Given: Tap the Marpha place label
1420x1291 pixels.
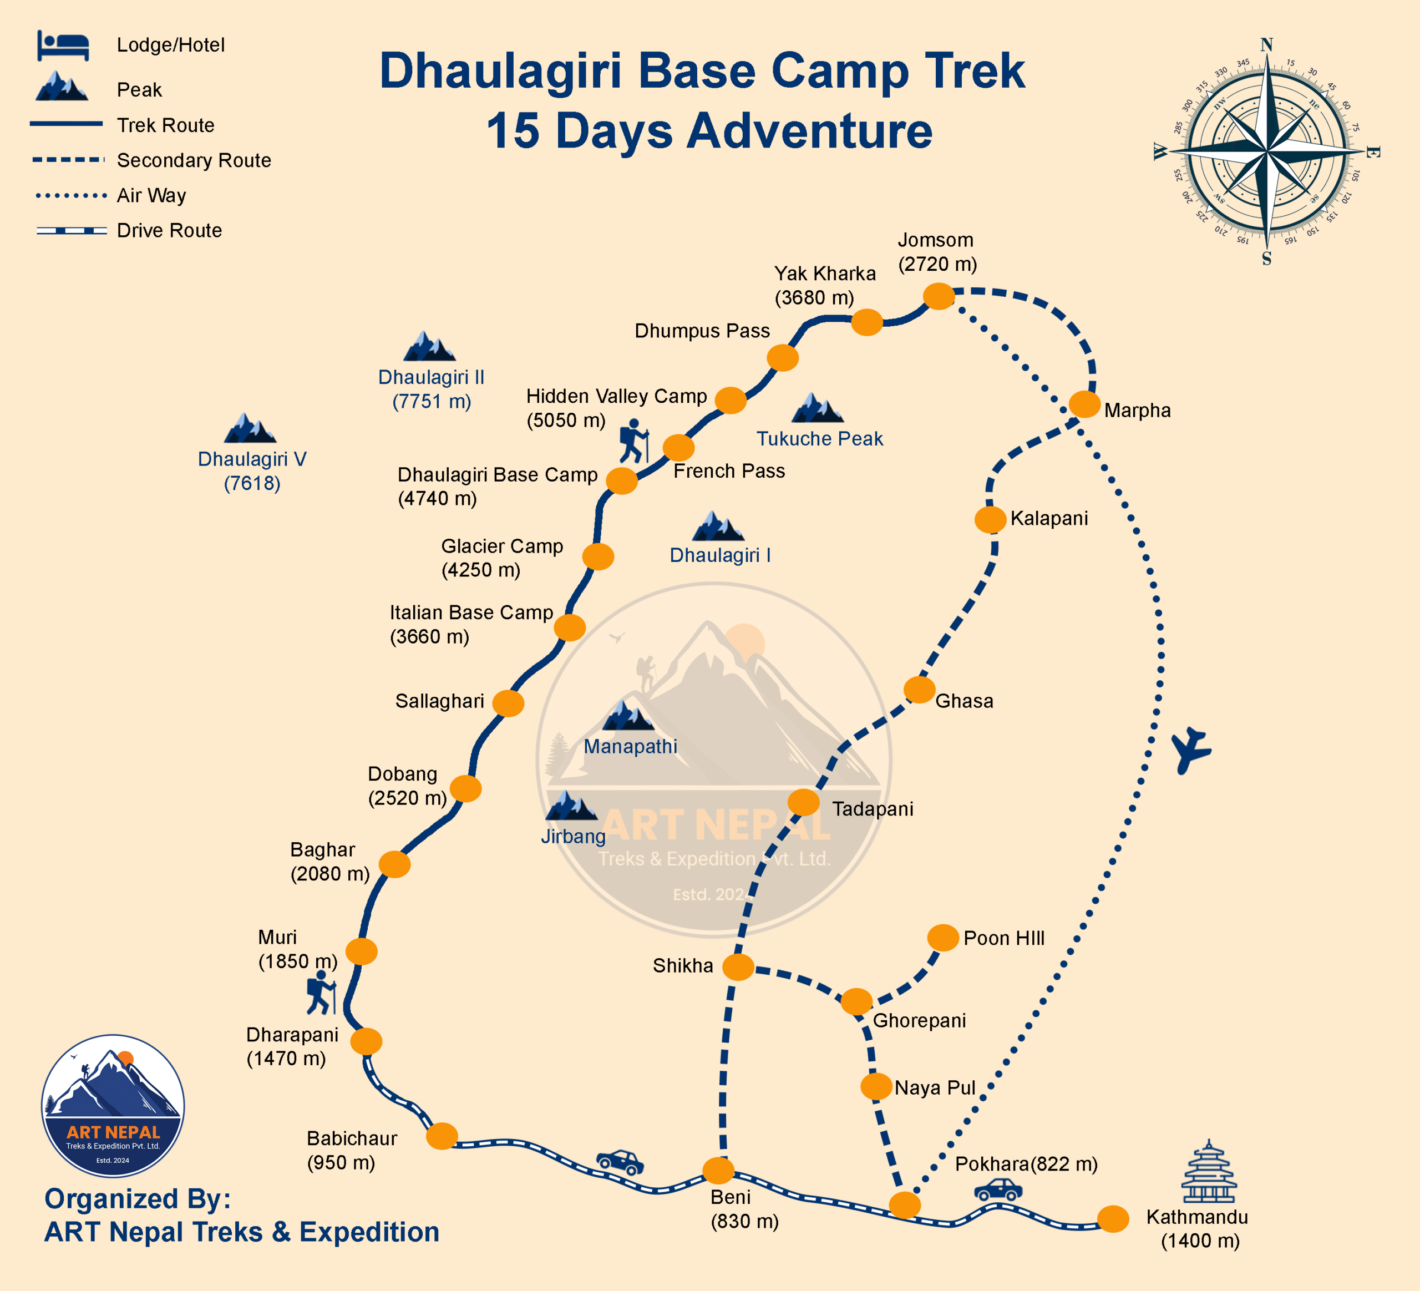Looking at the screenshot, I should [x=1137, y=411].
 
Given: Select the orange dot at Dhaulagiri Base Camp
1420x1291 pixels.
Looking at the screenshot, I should [x=622, y=480].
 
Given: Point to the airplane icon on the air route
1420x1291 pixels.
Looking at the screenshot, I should [x=1190, y=750].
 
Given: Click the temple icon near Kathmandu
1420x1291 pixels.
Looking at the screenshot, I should [x=1209, y=1171].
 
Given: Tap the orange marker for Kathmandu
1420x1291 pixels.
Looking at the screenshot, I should [x=1113, y=1219].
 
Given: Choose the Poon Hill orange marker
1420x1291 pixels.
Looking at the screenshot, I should [x=942, y=938].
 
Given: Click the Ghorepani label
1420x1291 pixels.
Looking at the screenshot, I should [x=919, y=1021].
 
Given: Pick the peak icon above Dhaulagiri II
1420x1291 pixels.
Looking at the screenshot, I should [x=429, y=347].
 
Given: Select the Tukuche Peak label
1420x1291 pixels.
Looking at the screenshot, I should [x=819, y=439].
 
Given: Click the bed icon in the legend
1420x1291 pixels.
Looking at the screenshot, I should [x=63, y=46].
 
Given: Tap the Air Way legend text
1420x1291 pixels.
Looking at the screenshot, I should [x=151, y=195].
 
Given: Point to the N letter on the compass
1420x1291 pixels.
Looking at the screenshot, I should [x=1266, y=44].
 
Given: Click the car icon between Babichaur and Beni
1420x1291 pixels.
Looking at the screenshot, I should [x=620, y=1162].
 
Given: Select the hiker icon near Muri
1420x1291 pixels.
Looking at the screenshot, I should [x=321, y=993].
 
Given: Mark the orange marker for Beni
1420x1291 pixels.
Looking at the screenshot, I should [x=718, y=1171].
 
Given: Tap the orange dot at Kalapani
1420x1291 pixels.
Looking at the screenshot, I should [x=990, y=520].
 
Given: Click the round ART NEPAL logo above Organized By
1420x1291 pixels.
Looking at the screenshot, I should [x=113, y=1105].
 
